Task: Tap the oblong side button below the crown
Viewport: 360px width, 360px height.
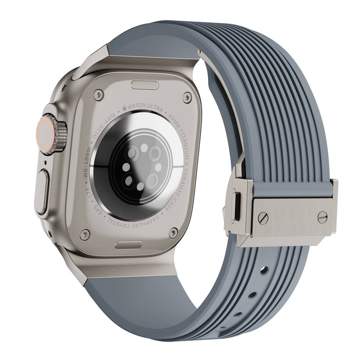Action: click(x=43, y=191)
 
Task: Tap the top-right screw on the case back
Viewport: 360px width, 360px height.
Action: click(x=186, y=97)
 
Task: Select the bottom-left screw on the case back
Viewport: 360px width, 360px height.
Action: click(x=85, y=234)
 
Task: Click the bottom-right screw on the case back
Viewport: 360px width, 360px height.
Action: click(x=173, y=233)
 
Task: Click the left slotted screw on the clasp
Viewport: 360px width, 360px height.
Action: click(x=263, y=218)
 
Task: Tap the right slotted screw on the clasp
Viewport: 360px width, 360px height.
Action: click(x=322, y=217)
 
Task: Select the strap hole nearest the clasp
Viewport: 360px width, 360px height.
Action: click(x=265, y=270)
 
